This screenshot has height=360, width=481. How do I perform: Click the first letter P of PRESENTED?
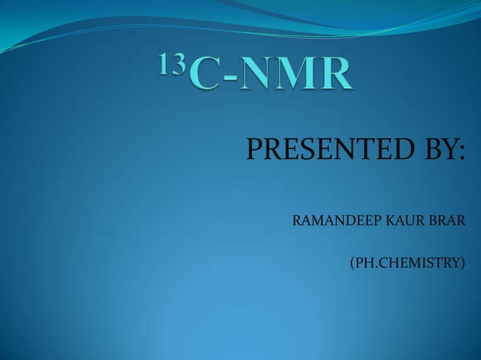tap(253, 151)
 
